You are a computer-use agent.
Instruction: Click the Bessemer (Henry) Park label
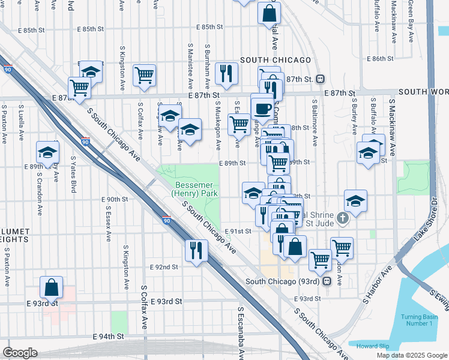[x=194, y=189]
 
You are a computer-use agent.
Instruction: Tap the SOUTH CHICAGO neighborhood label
[x=276, y=60]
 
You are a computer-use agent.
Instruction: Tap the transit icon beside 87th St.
[x=321, y=79]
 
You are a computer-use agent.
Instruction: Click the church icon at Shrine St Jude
[x=342, y=218]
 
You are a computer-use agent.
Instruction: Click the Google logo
[x=20, y=352]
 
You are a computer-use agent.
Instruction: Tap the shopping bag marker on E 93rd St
[x=52, y=287]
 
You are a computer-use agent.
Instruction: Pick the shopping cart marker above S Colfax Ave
[x=144, y=75]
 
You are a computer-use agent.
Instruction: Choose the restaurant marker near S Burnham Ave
[x=226, y=73]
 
